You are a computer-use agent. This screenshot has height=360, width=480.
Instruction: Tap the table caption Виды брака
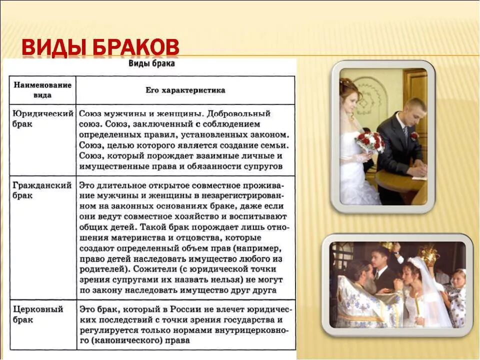(151, 63)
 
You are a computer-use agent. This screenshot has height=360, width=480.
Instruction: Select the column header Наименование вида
(42, 90)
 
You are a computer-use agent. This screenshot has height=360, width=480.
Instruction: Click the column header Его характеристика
(185, 90)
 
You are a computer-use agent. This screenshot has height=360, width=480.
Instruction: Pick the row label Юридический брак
(42, 118)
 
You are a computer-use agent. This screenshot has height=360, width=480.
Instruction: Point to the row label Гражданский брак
(42, 190)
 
